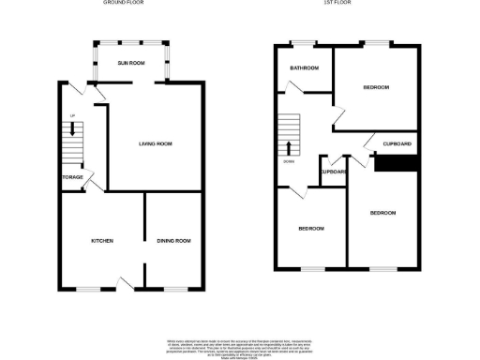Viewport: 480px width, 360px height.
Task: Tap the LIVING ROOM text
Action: (155, 143)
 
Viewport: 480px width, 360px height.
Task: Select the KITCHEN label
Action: (102, 241)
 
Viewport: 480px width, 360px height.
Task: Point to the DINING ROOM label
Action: (173, 241)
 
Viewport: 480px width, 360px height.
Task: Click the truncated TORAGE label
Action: (73, 177)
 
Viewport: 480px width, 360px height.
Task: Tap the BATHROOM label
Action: (305, 68)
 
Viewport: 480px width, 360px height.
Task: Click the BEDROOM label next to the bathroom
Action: (376, 87)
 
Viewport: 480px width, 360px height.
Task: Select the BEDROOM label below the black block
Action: (382, 213)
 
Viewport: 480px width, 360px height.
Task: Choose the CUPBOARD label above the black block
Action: (397, 143)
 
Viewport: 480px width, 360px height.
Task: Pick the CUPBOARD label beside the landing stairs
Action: (335, 172)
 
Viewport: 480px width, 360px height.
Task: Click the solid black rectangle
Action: (395, 162)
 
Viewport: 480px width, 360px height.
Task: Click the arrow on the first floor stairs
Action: (289, 146)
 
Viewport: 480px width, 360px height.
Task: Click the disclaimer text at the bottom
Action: (240, 344)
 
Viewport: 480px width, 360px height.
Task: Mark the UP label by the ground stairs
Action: (71, 115)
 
